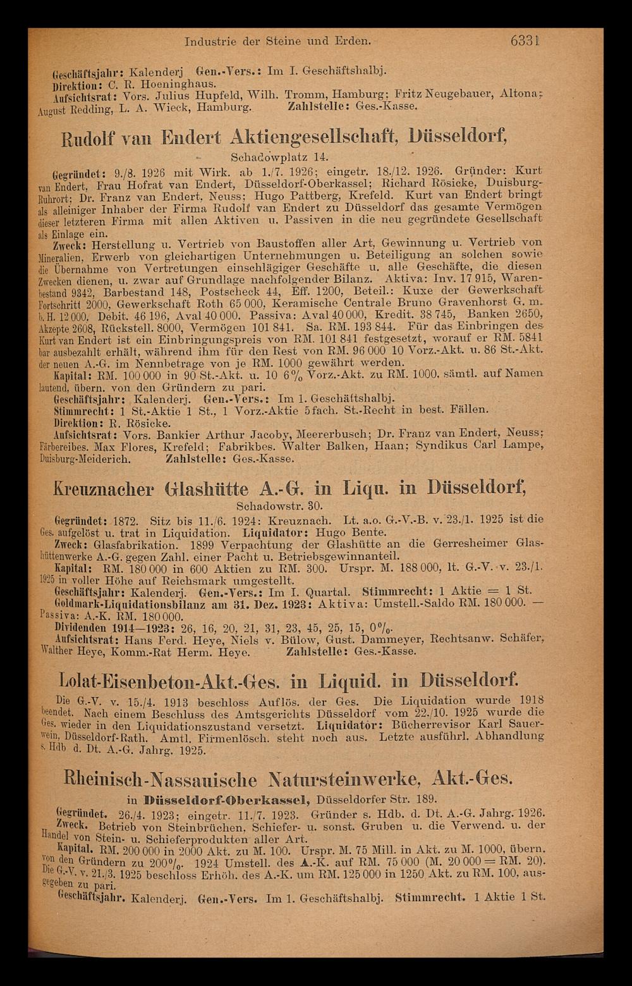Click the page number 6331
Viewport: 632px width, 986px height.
point(525,42)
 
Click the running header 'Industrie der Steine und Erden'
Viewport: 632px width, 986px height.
point(277,42)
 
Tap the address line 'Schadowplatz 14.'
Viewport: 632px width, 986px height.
point(271,156)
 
